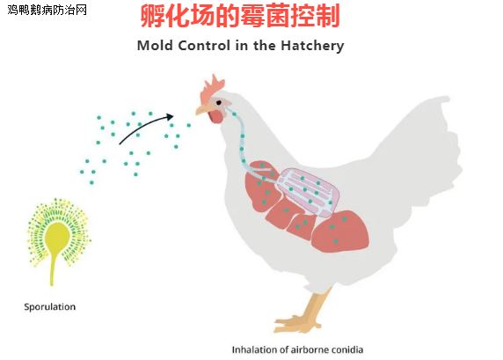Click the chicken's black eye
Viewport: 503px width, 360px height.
pyautogui.click(x=219, y=103)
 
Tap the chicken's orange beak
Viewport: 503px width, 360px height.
pyautogui.click(x=201, y=109)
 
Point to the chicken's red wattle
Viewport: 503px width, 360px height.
pyautogui.click(x=215, y=117)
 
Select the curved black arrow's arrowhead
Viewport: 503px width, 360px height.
pyautogui.click(x=170, y=116)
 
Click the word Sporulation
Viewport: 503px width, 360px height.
pyautogui.click(x=50, y=306)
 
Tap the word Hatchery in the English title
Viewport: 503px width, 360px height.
pyautogui.click(x=312, y=45)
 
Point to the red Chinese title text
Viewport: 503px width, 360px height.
pyautogui.click(x=240, y=16)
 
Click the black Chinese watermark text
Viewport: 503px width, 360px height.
pyautogui.click(x=47, y=10)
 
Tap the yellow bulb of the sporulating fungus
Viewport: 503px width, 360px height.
pyautogui.click(x=57, y=237)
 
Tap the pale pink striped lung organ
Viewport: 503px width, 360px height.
pyautogui.click(x=309, y=192)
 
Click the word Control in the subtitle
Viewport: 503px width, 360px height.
pyautogui.click(x=204, y=45)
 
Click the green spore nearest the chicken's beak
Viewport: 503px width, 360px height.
pyautogui.click(x=188, y=125)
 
